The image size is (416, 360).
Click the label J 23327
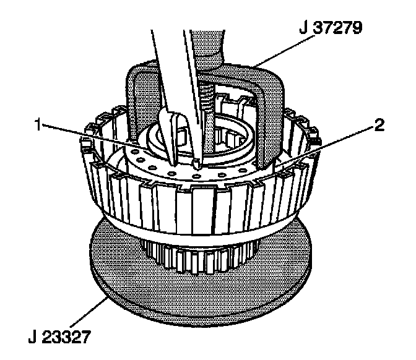pyautogui.click(x=61, y=338)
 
